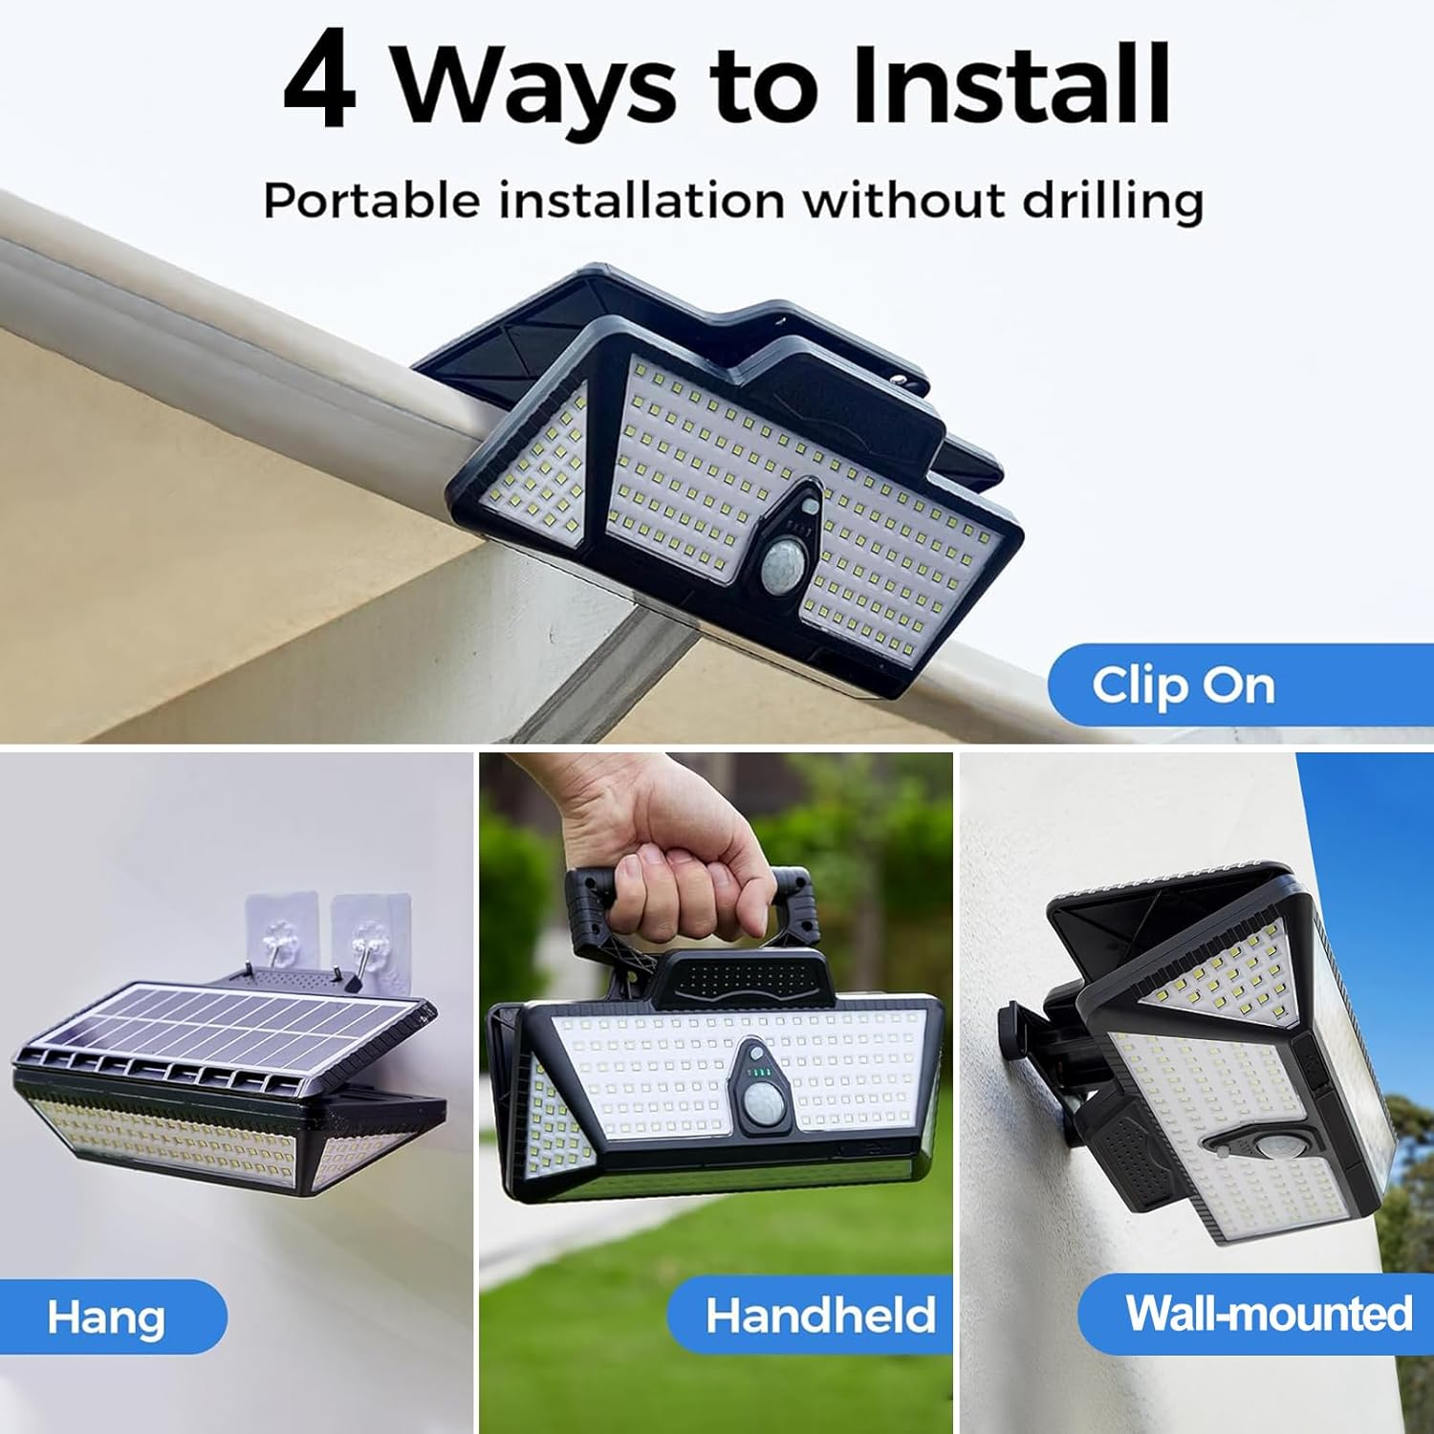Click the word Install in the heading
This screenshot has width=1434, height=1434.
(1011, 84)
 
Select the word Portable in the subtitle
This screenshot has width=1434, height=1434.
(371, 200)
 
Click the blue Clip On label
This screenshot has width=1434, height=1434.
(1184, 685)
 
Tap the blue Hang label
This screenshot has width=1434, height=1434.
(106, 1316)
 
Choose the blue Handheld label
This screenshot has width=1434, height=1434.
(819, 1315)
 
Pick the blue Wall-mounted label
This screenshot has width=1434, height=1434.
(1268, 1313)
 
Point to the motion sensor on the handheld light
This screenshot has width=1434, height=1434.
(763, 1104)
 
